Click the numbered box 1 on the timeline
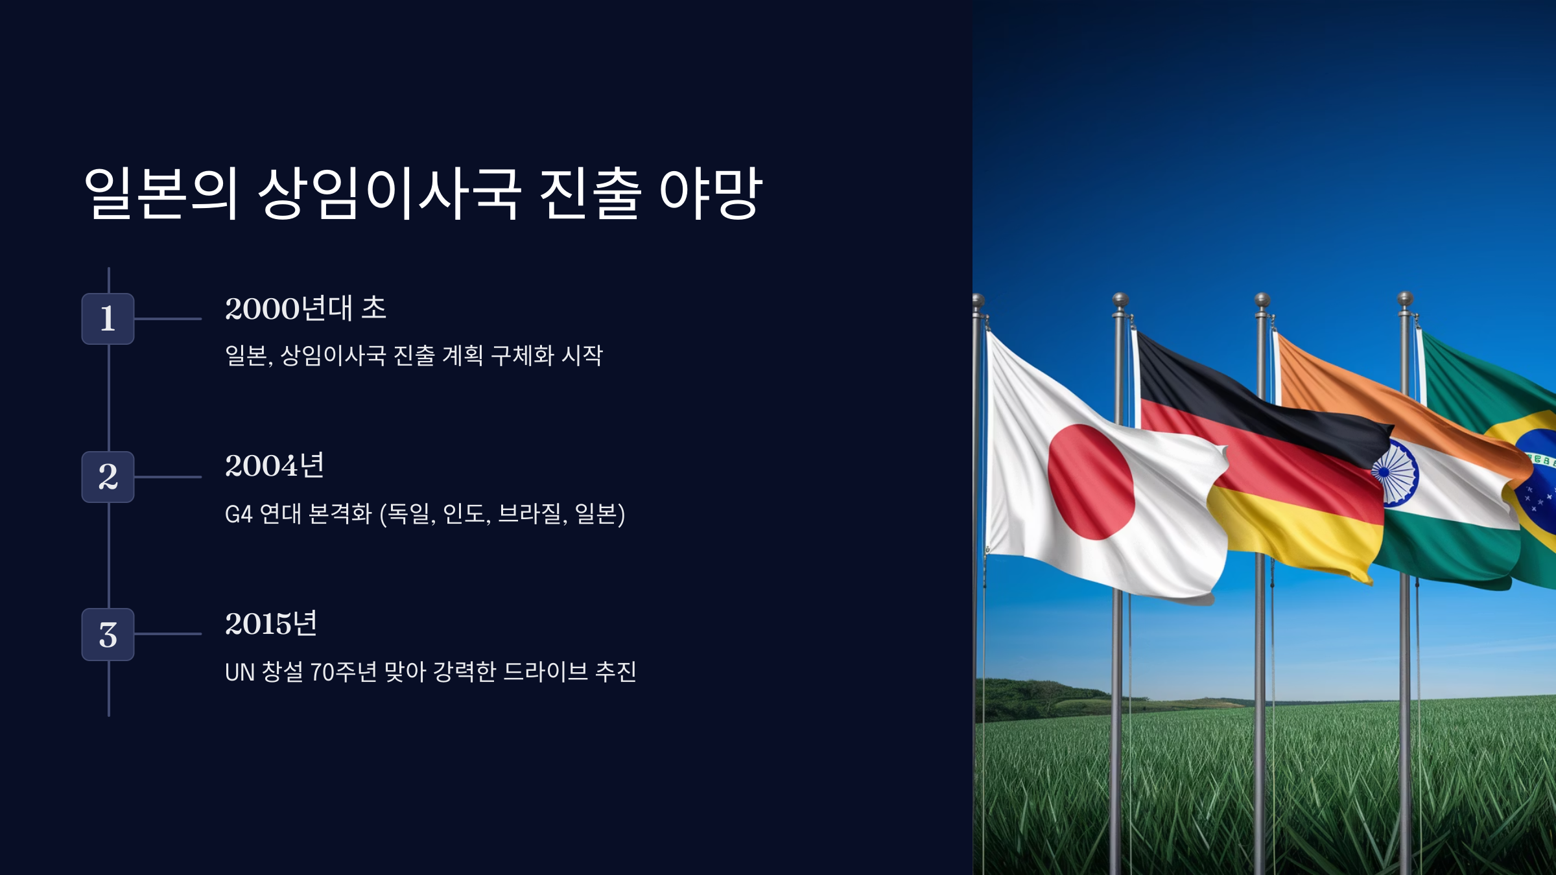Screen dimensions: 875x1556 (108, 319)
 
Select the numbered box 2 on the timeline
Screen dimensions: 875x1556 (108, 477)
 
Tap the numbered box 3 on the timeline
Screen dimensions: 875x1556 (108, 635)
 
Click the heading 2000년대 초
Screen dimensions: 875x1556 (305, 309)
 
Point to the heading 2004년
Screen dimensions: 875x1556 (274, 466)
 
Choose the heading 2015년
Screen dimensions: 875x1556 (271, 624)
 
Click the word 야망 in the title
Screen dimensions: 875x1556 (711, 193)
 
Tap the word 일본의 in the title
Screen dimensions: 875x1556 (161, 193)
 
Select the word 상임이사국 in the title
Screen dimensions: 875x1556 (389, 193)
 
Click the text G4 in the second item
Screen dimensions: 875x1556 (238, 515)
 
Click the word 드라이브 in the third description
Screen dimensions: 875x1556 (545, 672)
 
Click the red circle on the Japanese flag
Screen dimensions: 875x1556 (1090, 482)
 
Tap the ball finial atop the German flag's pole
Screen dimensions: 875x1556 (1120, 299)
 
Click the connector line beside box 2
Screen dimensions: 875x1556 (168, 477)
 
